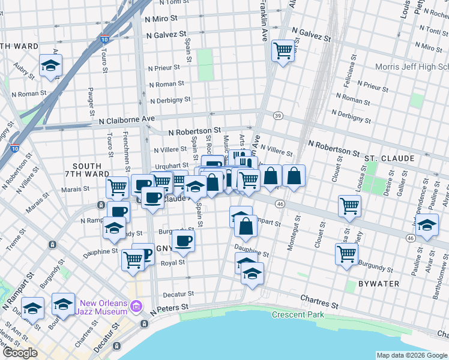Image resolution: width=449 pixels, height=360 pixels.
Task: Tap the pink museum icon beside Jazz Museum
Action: point(136,307)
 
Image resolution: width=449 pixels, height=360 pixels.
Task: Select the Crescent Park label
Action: point(297,314)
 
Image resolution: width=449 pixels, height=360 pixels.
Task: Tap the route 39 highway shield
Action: point(277,115)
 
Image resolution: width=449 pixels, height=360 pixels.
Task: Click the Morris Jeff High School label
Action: point(411,67)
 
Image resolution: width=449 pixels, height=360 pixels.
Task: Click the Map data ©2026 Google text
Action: point(412,355)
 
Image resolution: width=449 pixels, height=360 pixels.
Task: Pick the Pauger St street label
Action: point(91,101)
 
